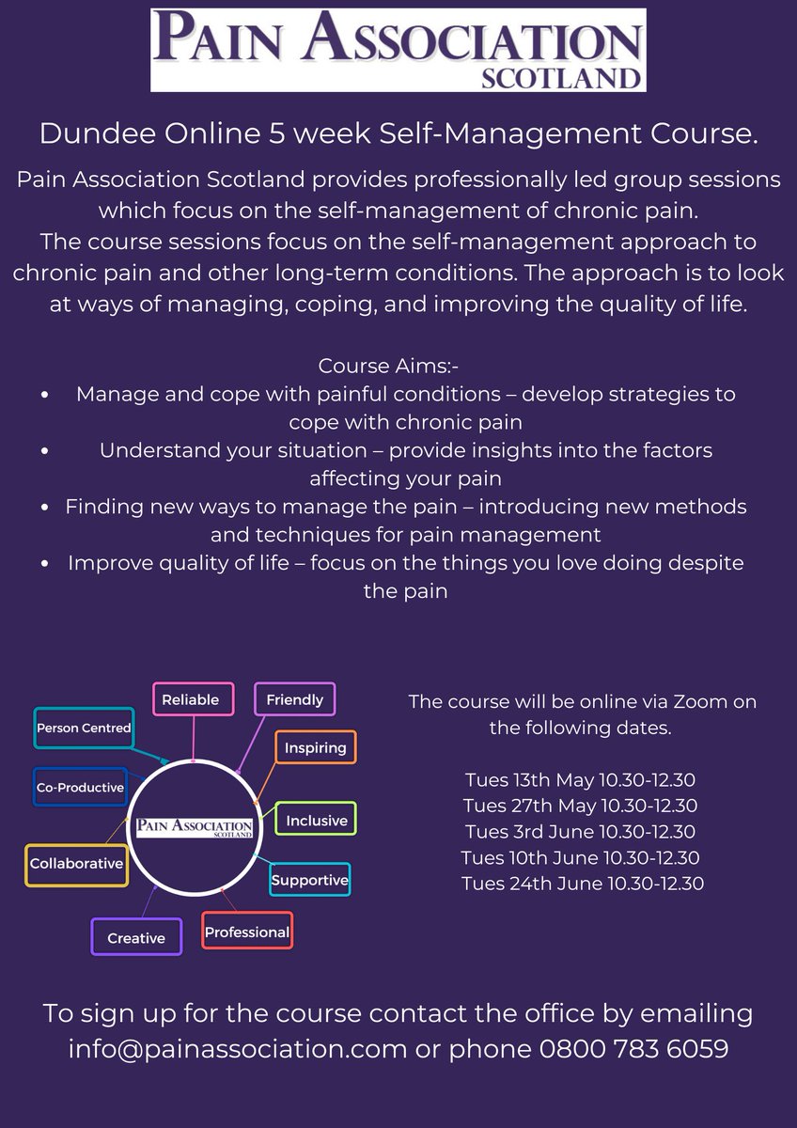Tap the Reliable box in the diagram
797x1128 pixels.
[x=191, y=699]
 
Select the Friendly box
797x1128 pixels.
[x=294, y=699]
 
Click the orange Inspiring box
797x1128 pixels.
[x=316, y=748]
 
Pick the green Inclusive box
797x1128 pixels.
[x=317, y=820]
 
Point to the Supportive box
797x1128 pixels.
[x=310, y=881]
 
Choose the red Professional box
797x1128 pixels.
[x=247, y=932]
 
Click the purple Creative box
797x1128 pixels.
[x=136, y=937]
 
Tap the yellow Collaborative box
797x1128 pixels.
[x=76, y=863]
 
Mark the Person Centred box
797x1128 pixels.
[x=84, y=728]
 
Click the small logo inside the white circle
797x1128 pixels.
[x=194, y=827]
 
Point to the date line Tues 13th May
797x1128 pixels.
[x=579, y=780]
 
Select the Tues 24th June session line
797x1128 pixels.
[x=583, y=883]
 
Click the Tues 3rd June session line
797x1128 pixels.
[x=579, y=832]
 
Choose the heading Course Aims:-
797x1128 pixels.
[x=372, y=364]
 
